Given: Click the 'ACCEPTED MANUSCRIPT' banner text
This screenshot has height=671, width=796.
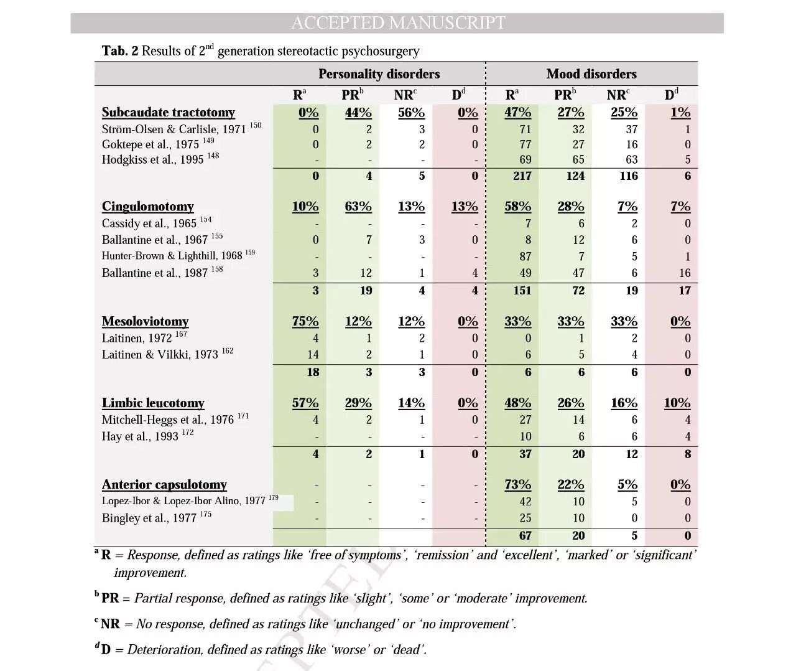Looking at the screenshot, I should tap(398, 23).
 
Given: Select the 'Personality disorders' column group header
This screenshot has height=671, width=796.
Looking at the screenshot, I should tap(379, 74).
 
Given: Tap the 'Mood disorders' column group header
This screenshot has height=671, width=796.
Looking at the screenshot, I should tap(591, 74).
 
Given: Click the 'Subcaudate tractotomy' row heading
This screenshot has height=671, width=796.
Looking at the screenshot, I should tap(169, 113).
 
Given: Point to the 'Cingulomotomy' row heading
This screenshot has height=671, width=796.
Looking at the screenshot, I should tap(148, 207).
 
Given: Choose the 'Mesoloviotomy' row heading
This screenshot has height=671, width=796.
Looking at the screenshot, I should tap(146, 322).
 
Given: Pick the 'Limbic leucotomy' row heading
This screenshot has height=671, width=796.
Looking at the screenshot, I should tap(153, 403).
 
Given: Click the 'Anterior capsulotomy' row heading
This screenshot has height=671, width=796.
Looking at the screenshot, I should tap(164, 485).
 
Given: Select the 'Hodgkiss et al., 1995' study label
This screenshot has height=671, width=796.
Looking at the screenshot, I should tap(153, 159).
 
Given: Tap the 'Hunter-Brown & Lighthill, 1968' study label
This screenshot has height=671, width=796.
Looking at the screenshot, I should tap(172, 256).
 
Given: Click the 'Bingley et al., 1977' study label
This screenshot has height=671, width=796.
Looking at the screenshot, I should tap(149, 518).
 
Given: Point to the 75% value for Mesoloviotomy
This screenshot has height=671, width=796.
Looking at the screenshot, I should tap(305, 322).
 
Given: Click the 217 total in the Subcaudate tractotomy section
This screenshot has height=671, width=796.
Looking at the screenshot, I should tap(522, 176).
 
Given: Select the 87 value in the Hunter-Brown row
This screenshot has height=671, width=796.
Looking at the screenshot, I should tap(525, 256).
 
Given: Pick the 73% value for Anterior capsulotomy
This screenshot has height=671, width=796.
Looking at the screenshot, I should tap(517, 485).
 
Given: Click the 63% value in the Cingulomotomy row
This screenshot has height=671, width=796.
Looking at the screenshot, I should tap(358, 207).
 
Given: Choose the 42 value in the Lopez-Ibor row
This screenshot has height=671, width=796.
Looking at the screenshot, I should tap(525, 502).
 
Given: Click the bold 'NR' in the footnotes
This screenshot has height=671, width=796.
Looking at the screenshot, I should tap(110, 624).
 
